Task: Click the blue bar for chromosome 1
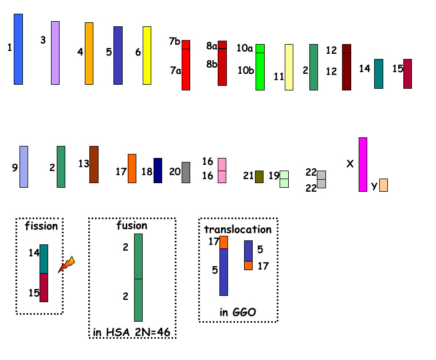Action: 18,49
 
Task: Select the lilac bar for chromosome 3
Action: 56,53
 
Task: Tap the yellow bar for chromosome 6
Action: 147,56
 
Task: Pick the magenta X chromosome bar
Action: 363,164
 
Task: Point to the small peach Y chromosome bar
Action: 383,185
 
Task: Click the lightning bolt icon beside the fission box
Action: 66,264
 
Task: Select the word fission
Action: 41,226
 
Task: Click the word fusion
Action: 132,226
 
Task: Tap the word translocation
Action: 238,230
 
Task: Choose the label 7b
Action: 175,41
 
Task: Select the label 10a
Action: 245,48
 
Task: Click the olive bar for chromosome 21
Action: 259,177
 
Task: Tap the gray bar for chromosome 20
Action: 186,172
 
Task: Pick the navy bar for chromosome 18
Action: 158,171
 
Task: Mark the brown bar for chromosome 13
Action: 94,164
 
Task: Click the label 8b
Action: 211,64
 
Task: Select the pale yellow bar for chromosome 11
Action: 289,67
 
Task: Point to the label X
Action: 350,164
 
